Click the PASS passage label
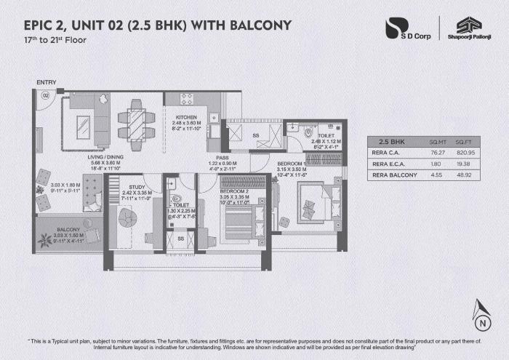point(223,156)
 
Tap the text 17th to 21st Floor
point(55,39)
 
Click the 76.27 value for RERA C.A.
point(437,153)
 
